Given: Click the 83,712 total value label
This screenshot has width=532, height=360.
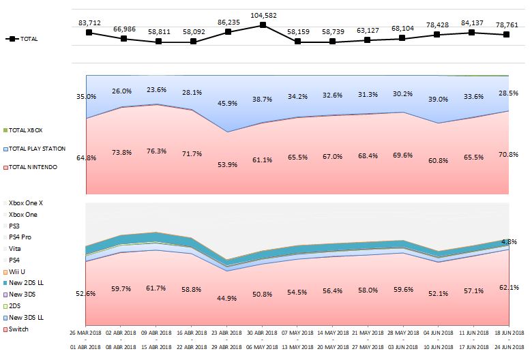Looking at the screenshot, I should tap(89, 23).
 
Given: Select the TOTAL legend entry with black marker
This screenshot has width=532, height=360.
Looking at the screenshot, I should tap(23, 39).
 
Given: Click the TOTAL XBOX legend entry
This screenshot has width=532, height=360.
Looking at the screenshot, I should tap(25, 130).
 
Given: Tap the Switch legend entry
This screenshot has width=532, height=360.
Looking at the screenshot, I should tap(18, 329).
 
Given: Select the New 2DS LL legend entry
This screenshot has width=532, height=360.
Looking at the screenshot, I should tap(25, 282).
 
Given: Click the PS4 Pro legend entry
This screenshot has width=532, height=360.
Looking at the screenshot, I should tap(21, 237).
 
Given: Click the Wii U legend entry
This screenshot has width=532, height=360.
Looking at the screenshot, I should tap(18, 271).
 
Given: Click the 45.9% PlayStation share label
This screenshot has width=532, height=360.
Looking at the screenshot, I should tap(228, 103).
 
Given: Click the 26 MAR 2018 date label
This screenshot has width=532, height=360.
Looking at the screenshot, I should tap(86, 332).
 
